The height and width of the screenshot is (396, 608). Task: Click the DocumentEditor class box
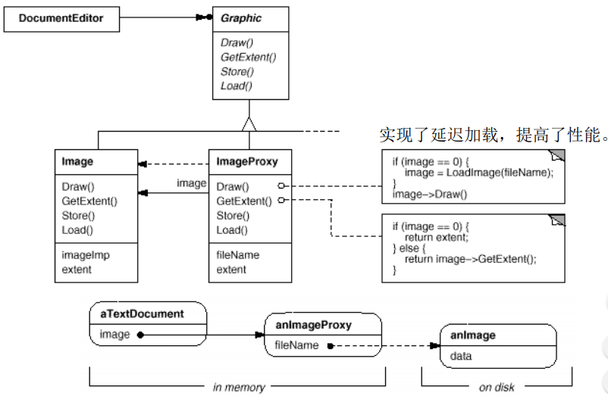pos(61,19)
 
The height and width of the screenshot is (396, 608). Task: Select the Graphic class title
pos(240,18)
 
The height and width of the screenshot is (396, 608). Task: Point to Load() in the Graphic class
pos(237,86)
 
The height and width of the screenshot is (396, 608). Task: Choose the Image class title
pos(78,161)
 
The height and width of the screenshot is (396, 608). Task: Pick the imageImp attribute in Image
pos(86,255)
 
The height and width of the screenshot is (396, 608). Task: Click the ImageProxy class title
pos(247,161)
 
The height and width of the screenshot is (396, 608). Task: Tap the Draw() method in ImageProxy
pos(231,186)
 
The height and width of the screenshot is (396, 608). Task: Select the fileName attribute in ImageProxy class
pos(237,255)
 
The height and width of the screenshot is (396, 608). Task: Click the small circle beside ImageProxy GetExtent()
pos(281,201)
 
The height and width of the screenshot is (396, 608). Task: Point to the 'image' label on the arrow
pos(191,183)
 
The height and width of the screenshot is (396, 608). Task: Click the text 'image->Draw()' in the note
pos(430,195)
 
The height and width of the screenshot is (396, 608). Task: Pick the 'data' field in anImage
pos(462,355)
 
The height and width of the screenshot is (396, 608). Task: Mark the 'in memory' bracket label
pos(239,387)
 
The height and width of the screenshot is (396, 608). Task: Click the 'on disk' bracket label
pos(497,387)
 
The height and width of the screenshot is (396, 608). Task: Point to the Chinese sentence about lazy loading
pos(494,136)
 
